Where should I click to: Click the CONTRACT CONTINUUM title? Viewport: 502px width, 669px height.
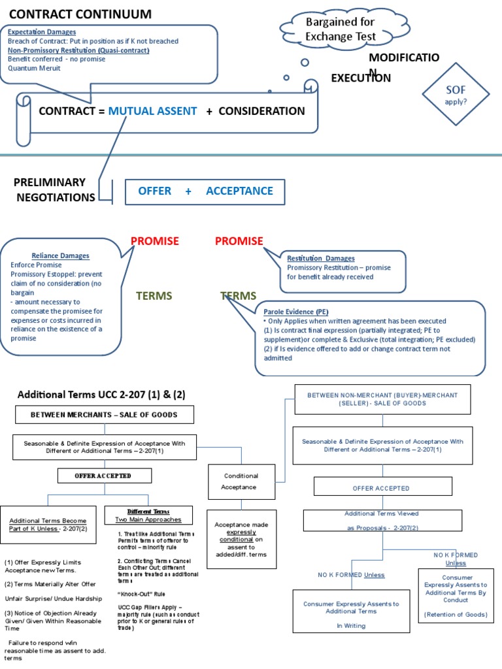pos(80,14)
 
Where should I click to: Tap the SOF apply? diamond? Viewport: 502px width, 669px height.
pos(456,95)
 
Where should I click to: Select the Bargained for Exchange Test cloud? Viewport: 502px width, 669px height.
pos(340,29)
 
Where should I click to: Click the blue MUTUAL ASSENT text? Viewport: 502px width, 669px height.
pos(152,111)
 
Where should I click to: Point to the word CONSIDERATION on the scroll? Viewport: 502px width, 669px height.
pos(261,111)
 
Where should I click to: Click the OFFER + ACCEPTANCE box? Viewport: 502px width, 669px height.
pos(205,191)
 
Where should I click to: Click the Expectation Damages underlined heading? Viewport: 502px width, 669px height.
pos(42,32)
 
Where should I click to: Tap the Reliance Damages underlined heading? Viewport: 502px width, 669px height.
pos(61,256)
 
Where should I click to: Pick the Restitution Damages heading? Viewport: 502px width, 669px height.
pos(321,259)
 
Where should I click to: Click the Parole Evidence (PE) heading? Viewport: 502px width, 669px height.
pos(296,312)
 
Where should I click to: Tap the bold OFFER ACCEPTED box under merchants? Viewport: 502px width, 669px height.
pos(104,476)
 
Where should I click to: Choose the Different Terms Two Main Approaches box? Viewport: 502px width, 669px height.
pos(148,515)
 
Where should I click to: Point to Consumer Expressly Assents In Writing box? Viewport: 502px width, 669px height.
pos(351,614)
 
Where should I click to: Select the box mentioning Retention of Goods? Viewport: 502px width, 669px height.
pos(455,596)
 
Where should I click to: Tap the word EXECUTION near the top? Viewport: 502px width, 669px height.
pos(361,78)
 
